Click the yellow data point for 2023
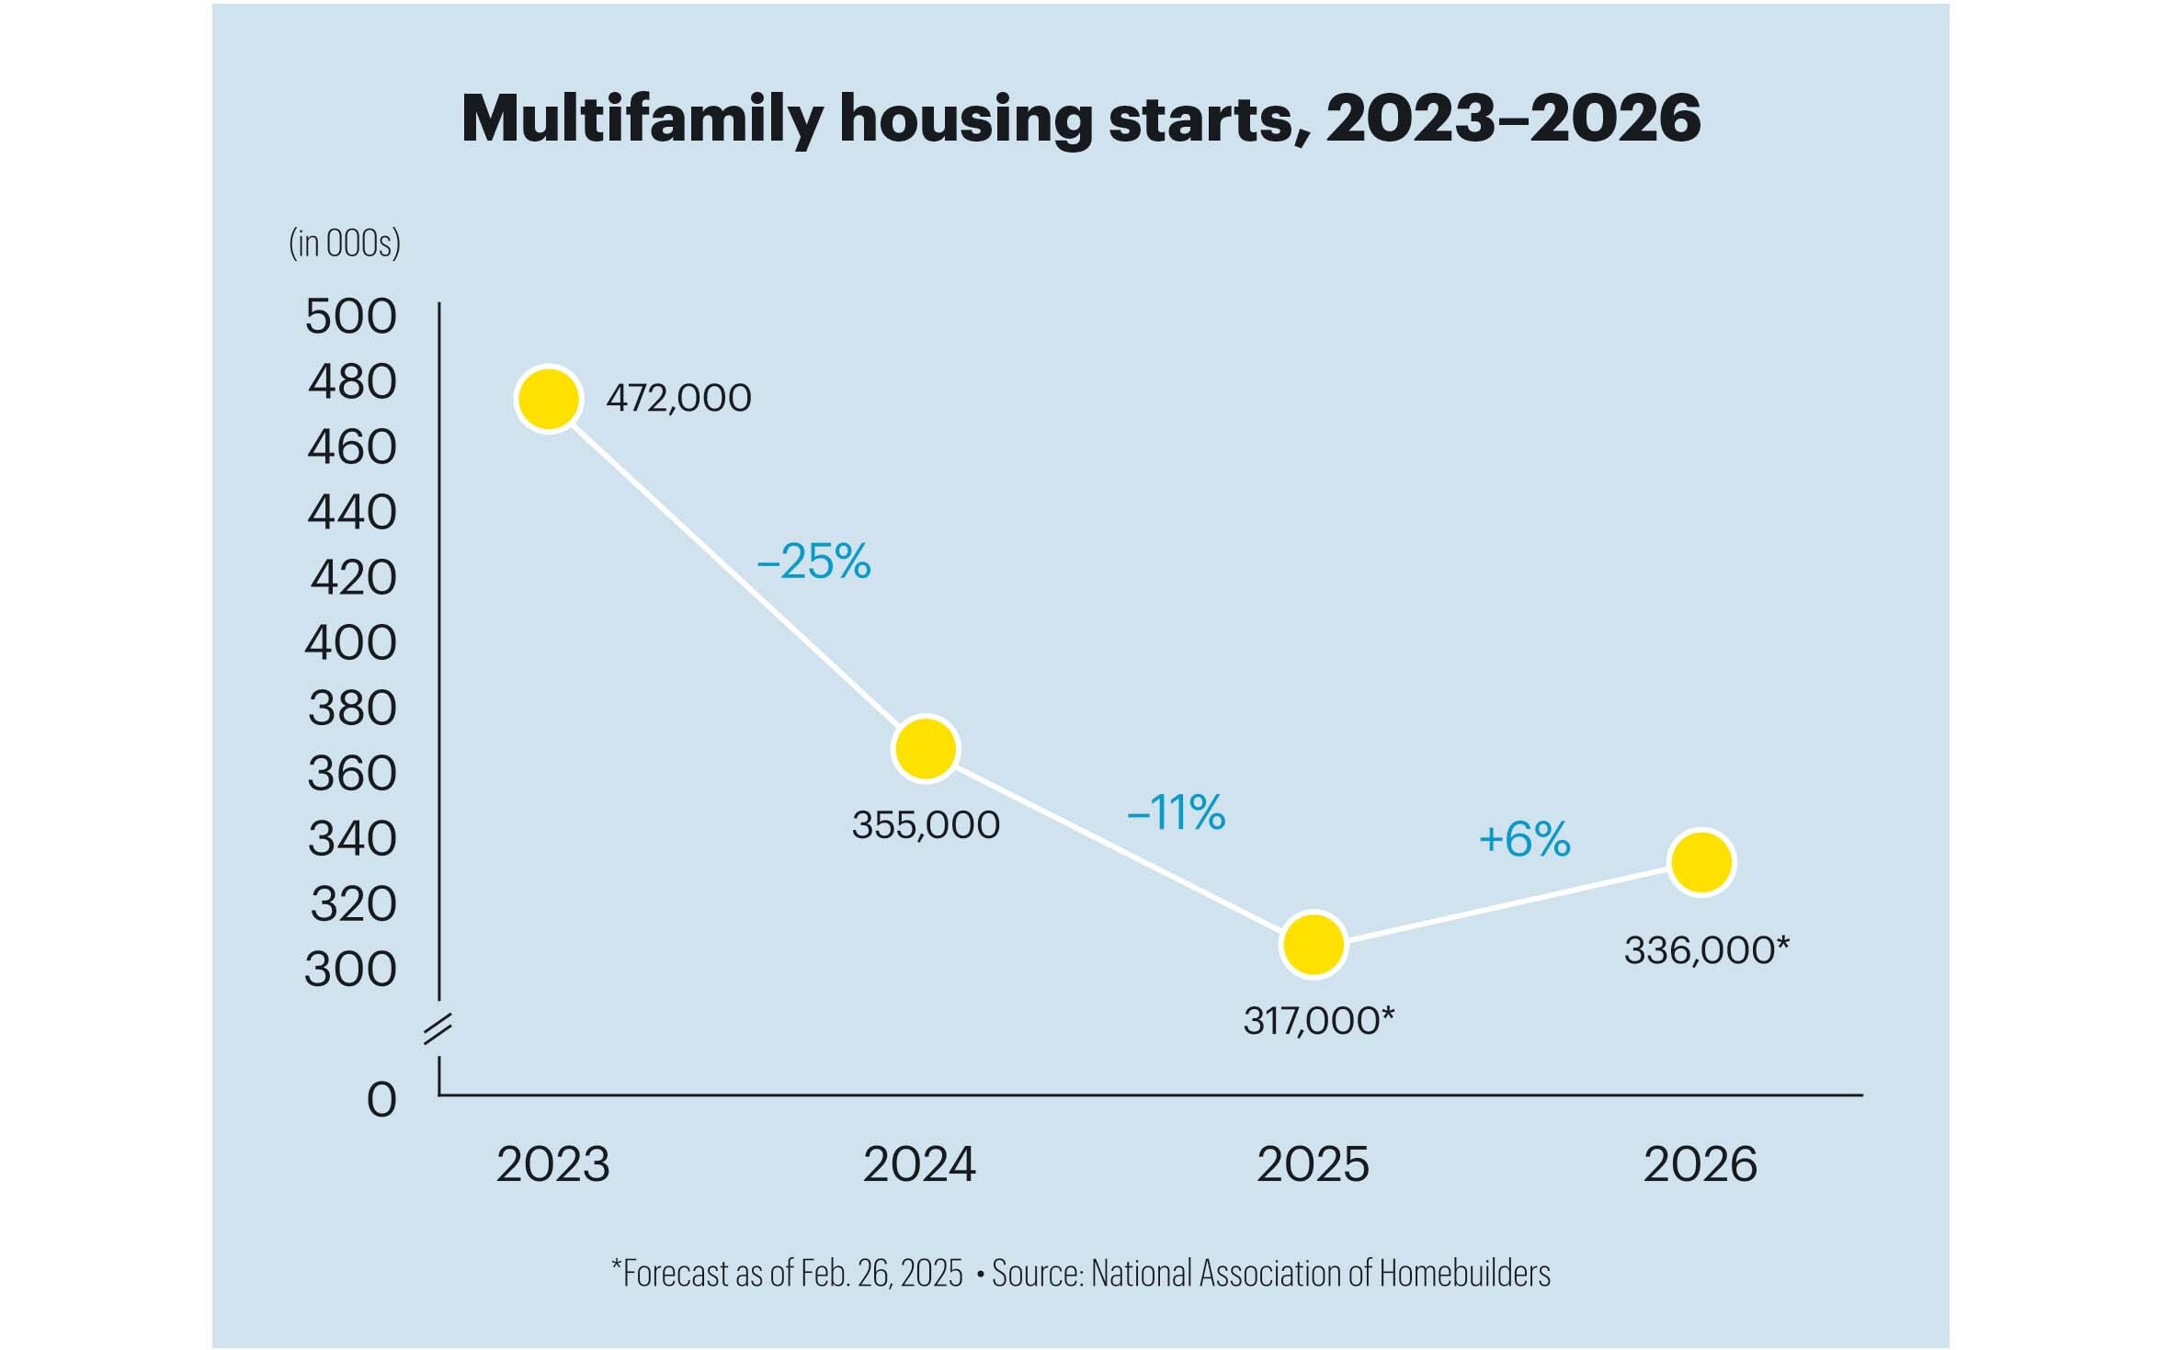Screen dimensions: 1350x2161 click(x=549, y=399)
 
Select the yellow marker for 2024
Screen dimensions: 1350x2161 click(x=926, y=749)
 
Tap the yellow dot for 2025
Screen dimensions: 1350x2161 click(x=1314, y=944)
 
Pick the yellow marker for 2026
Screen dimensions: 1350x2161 click(x=1701, y=862)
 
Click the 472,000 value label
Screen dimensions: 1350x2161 click(x=678, y=398)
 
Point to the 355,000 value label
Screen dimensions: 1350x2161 click(x=926, y=824)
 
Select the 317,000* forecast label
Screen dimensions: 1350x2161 click(x=1319, y=1020)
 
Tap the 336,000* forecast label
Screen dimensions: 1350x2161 click(x=1707, y=949)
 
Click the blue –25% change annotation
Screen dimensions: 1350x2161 click(x=813, y=561)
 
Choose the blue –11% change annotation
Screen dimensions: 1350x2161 click(x=1176, y=812)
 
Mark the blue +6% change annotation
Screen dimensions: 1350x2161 click(x=1525, y=838)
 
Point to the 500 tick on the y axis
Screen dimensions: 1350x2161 click(x=350, y=316)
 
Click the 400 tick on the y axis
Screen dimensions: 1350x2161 click(x=350, y=642)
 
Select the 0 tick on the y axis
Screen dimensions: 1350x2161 click(x=381, y=1099)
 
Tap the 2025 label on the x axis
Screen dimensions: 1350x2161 click(x=1313, y=1164)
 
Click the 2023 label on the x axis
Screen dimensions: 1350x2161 click(x=552, y=1164)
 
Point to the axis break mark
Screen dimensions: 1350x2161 click(x=438, y=1029)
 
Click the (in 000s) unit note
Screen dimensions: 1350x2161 click(x=345, y=244)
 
